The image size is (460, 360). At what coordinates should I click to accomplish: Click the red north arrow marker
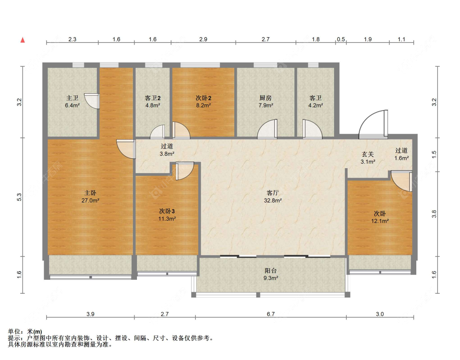pos(22,40)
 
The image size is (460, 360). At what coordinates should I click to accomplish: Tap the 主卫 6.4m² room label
pos(72,101)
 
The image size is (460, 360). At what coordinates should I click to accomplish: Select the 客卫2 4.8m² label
pos(153,101)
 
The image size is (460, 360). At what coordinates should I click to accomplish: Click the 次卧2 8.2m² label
pos(203,101)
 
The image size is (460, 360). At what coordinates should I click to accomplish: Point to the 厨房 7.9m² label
pos(266,101)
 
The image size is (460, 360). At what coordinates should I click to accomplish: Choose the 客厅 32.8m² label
pos(273,197)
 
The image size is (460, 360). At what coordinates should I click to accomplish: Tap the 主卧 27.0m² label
pos(90,197)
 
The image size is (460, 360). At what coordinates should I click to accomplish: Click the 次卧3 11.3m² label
pos(167,215)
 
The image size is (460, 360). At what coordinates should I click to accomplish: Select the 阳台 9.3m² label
pos(271,274)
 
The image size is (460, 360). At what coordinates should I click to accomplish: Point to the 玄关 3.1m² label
pos(368,158)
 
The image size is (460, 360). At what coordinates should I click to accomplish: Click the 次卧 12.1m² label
pos(380,217)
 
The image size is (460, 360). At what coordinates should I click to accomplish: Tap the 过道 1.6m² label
pos(402,154)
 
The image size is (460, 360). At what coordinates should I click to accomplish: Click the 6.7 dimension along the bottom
pos(271,314)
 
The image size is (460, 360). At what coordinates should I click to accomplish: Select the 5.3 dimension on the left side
pos(19,197)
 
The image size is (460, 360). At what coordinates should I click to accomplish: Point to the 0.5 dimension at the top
pos(341,39)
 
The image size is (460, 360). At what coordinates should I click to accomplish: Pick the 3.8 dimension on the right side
pos(434,214)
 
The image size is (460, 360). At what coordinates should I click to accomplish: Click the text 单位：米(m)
pos(25,331)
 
